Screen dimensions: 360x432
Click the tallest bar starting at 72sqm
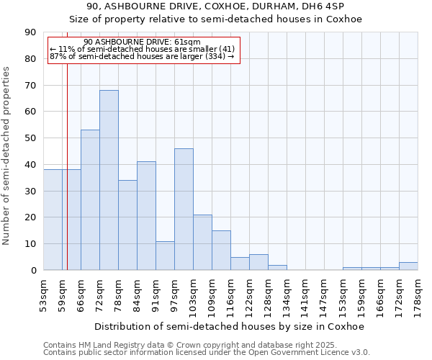(x=109, y=180)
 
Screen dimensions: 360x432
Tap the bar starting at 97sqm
(x=184, y=209)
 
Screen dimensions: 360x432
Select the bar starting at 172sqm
(x=408, y=266)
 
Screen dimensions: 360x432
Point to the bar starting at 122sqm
(x=258, y=263)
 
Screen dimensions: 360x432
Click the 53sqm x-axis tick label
(x=43, y=294)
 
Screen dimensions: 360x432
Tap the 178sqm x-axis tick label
(x=418, y=294)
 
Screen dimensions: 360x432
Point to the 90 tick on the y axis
(x=30, y=32)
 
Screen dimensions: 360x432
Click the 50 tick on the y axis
(x=30, y=138)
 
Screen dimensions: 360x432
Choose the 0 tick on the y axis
(x=33, y=271)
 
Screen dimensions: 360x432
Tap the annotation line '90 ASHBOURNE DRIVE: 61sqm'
(x=142, y=42)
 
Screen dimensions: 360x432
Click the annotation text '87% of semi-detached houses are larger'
(x=142, y=56)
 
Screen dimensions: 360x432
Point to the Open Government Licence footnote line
(x=207, y=353)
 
